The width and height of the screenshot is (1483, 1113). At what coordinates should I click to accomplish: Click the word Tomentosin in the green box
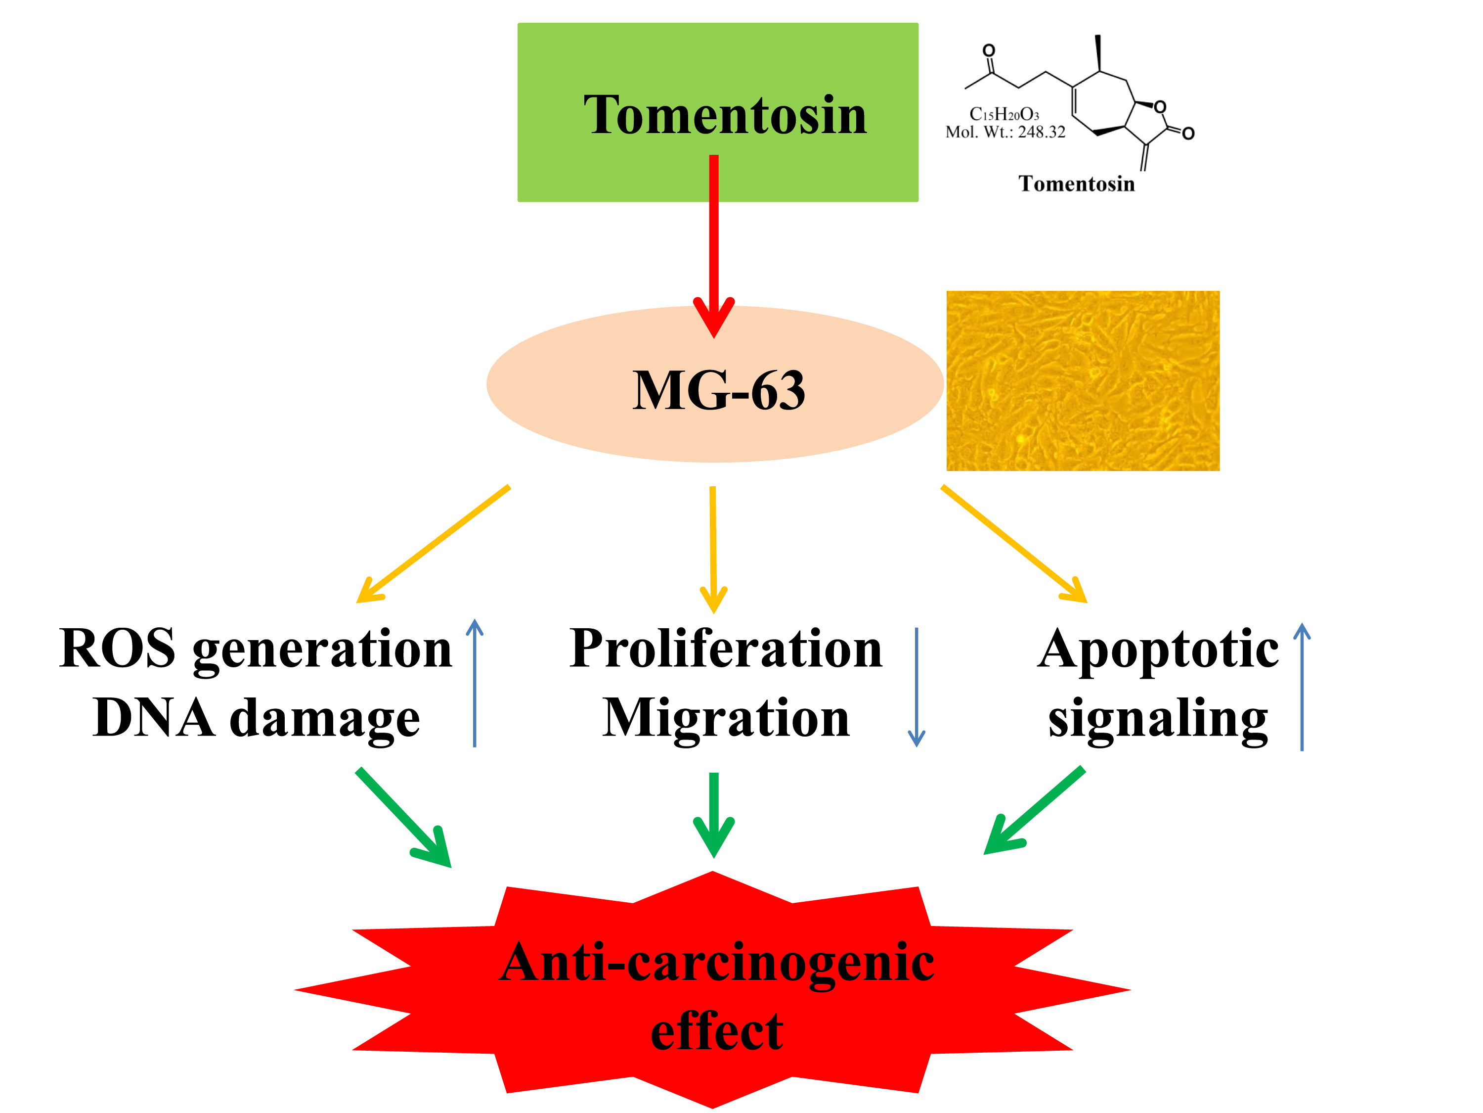tap(725, 115)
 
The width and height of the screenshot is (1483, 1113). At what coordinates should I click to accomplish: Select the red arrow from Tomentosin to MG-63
tap(713, 241)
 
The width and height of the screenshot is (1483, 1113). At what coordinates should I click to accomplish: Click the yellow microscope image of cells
tap(1082, 380)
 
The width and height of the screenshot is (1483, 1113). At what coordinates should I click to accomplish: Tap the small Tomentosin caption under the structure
tap(1076, 184)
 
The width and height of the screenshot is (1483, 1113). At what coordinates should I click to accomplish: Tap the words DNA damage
tap(257, 718)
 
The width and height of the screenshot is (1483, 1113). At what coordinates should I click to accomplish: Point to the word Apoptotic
tap(1158, 650)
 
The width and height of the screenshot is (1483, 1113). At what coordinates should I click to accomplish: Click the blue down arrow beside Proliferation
tap(916, 687)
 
